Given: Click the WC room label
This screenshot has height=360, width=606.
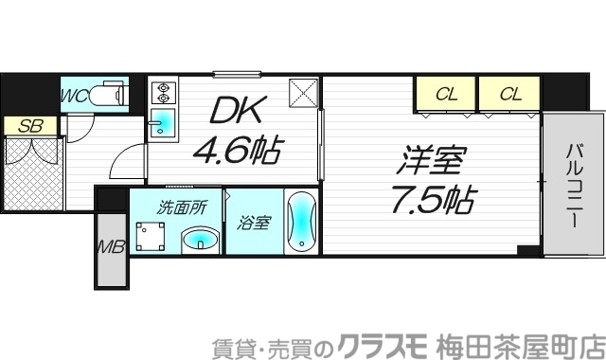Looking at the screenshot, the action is tap(75, 95).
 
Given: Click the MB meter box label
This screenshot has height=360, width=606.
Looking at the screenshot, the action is tap(111, 250).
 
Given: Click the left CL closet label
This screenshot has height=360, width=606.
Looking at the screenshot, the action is tap(445, 93).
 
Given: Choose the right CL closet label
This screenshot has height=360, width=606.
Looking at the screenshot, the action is tap(509, 93).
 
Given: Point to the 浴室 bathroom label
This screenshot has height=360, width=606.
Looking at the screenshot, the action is tap(255, 224).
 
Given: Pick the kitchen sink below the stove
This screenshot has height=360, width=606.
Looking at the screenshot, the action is tap(163, 123).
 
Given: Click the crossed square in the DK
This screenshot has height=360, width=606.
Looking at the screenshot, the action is tap(303, 93).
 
